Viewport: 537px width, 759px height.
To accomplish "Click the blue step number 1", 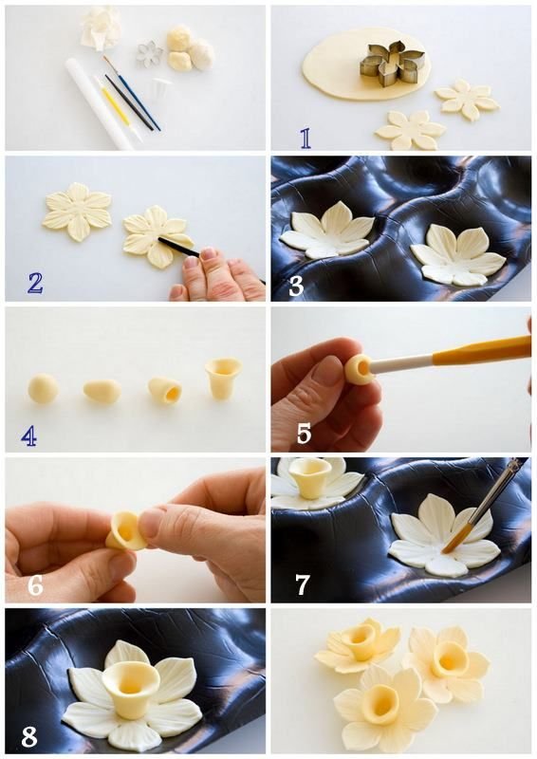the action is pyautogui.click(x=306, y=138).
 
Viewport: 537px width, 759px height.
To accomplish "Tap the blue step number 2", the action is pyautogui.click(x=35, y=284).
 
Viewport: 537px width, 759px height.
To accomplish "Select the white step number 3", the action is pyautogui.click(x=296, y=287).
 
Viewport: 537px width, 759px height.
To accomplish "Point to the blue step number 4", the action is pyautogui.click(x=29, y=436).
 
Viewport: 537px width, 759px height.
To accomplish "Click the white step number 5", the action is pyautogui.click(x=304, y=435).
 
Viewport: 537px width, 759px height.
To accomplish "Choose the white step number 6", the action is pyautogui.click(x=35, y=585).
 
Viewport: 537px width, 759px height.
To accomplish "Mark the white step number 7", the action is pyautogui.click(x=302, y=584).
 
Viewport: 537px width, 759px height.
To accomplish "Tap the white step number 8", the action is pyautogui.click(x=29, y=736).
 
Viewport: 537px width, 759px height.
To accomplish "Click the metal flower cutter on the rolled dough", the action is pyautogui.click(x=392, y=65).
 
